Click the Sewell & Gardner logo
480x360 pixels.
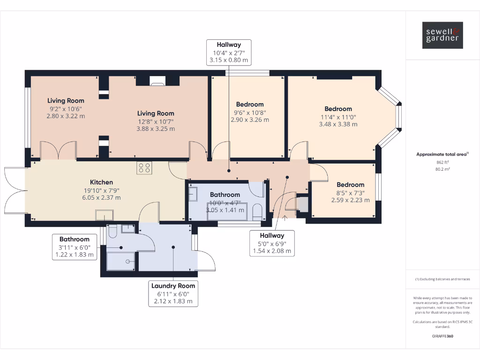[442, 35]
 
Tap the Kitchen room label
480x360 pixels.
[101, 182]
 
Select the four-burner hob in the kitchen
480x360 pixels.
[144, 168]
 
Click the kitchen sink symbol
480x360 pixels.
[105, 215]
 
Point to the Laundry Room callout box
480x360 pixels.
[173, 293]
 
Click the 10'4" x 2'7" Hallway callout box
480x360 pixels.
[229, 52]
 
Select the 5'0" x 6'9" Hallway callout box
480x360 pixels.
[272, 243]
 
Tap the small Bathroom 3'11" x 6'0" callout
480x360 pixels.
[75, 247]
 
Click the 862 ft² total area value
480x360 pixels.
[442, 162]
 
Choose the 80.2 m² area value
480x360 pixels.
[442, 169]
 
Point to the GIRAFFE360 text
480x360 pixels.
[442, 336]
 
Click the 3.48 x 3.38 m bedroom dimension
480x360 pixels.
[338, 124]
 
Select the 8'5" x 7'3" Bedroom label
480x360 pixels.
[351, 192]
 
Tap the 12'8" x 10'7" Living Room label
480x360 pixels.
[156, 121]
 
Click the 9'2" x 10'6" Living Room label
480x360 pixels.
[66, 108]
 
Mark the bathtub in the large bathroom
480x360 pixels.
[227, 211]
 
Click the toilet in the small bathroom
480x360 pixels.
[112, 231]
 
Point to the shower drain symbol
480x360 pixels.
[128, 262]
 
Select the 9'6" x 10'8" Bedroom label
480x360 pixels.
[250, 112]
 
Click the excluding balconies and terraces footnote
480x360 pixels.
[442, 279]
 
